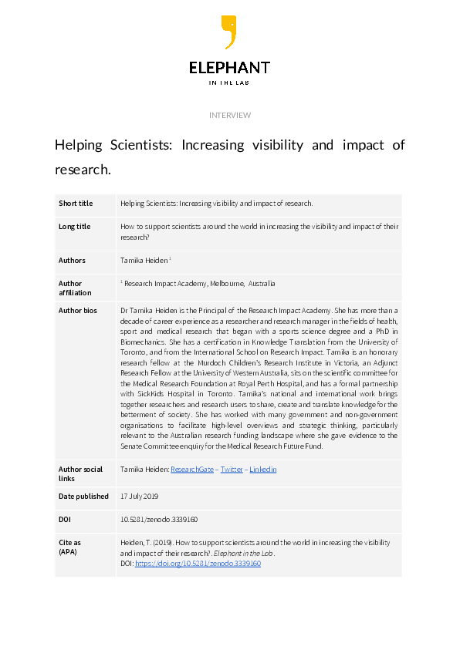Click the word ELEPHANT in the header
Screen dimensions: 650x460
pyautogui.click(x=230, y=68)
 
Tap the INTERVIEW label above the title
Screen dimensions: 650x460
pyautogui.click(x=230, y=115)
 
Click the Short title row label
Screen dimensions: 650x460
pyautogui.click(x=76, y=204)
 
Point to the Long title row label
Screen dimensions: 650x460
pyautogui.click(x=75, y=227)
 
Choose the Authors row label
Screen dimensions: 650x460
pyautogui.click(x=73, y=261)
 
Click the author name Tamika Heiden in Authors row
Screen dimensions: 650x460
pyautogui.click(x=144, y=261)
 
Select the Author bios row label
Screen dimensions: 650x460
pyautogui.click(x=77, y=310)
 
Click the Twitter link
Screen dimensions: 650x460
pyautogui.click(x=232, y=469)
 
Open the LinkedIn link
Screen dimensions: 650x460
pyautogui.click(x=263, y=469)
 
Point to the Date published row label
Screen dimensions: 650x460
pyautogui.click(x=84, y=497)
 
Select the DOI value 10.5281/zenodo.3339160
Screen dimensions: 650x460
pyautogui.click(x=160, y=520)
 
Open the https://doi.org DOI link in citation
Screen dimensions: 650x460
pyautogui.click(x=198, y=564)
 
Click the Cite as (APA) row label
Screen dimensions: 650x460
pyautogui.click(x=70, y=547)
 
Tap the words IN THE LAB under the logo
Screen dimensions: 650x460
pyautogui.click(x=230, y=83)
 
